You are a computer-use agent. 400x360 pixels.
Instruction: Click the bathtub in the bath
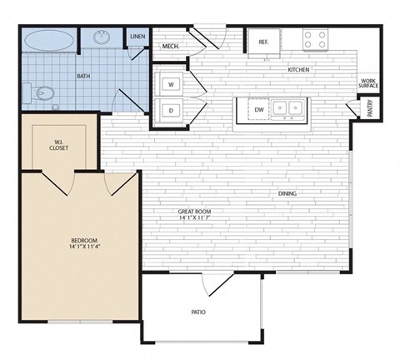click(49, 39)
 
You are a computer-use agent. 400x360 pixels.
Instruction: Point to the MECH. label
click(172, 46)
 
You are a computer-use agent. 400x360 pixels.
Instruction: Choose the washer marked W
click(171, 84)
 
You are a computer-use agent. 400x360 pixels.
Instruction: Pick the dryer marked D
click(171, 109)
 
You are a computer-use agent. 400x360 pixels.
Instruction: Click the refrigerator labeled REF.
click(263, 41)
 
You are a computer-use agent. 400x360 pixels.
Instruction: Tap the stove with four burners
click(315, 38)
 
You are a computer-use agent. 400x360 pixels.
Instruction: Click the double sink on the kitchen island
click(288, 107)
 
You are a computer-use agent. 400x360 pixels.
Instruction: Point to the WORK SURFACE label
click(368, 83)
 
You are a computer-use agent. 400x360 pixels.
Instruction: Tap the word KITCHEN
click(299, 70)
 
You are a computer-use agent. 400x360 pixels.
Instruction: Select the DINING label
click(288, 194)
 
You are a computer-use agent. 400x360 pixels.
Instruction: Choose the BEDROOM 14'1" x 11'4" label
click(83, 243)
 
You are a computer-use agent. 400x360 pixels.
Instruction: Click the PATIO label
click(198, 312)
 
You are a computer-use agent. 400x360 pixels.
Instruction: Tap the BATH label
click(83, 76)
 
